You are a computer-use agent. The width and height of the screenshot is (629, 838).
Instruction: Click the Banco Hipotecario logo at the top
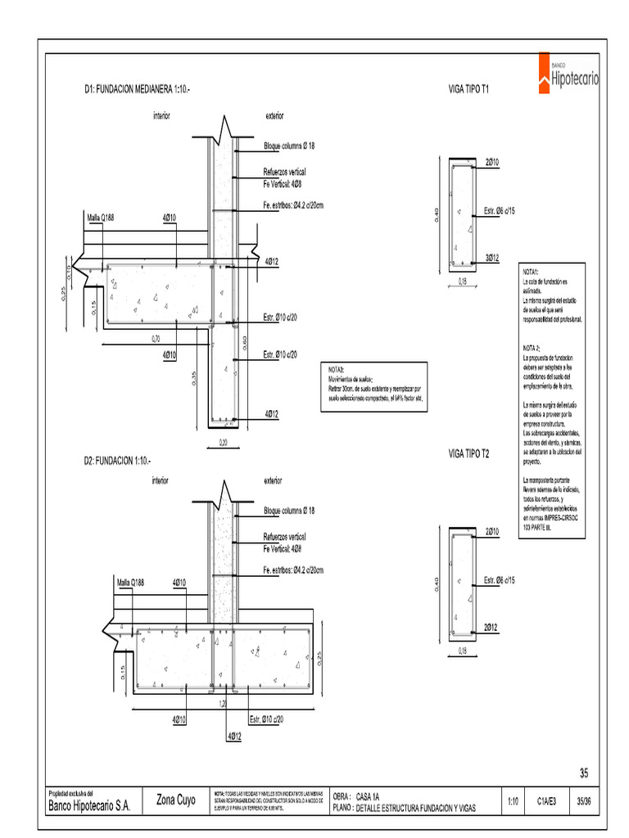[568, 72]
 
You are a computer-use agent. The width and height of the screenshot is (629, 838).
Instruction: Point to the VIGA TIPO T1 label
[469, 88]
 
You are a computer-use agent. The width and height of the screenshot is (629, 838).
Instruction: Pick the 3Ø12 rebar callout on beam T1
[492, 258]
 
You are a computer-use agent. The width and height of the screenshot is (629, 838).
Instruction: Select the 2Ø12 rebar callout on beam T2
[491, 627]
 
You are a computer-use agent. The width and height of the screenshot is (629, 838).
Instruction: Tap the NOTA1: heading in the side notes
[531, 271]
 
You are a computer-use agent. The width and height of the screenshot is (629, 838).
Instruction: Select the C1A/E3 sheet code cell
[547, 801]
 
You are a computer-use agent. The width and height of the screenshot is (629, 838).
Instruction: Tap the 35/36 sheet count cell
[585, 801]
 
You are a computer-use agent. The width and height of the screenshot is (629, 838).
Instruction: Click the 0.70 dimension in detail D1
[156, 338]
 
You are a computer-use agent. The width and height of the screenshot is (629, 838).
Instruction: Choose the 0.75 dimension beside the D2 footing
[320, 657]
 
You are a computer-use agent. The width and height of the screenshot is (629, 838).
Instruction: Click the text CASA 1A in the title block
[368, 795]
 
